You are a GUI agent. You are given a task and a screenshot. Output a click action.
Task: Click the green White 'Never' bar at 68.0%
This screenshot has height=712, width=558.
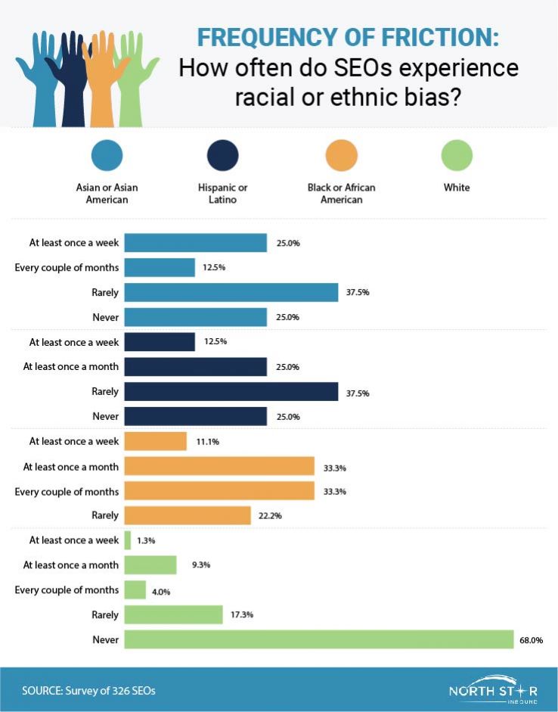(318, 639)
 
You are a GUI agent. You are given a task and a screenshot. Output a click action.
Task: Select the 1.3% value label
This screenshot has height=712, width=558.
(147, 540)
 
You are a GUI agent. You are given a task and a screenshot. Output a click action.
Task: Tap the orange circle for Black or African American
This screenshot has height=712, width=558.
(341, 155)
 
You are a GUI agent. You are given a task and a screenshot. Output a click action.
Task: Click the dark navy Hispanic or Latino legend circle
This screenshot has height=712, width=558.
(222, 155)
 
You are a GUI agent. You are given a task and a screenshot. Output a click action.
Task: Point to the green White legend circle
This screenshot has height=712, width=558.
(457, 155)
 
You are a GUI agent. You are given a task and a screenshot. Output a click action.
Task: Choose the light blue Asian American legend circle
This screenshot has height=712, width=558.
(107, 155)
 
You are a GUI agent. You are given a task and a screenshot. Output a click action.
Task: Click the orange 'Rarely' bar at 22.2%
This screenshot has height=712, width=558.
(187, 515)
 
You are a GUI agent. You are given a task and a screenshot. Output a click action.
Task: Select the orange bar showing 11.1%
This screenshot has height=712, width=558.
(155, 441)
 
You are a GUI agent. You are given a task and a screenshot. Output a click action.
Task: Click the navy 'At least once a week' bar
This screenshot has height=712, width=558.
(159, 342)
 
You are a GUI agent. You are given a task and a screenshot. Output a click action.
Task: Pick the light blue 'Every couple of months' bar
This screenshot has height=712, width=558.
(159, 267)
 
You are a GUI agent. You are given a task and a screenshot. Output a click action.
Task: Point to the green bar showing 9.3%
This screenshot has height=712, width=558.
(150, 564)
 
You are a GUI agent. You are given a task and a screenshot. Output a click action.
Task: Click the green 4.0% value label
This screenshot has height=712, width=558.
(161, 591)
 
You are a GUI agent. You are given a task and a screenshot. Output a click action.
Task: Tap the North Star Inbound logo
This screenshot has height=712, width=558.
(493, 691)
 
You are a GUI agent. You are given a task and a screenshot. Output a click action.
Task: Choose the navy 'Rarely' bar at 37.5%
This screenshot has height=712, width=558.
(231, 391)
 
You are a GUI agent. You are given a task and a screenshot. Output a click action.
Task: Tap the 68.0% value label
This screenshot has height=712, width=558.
(532, 640)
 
